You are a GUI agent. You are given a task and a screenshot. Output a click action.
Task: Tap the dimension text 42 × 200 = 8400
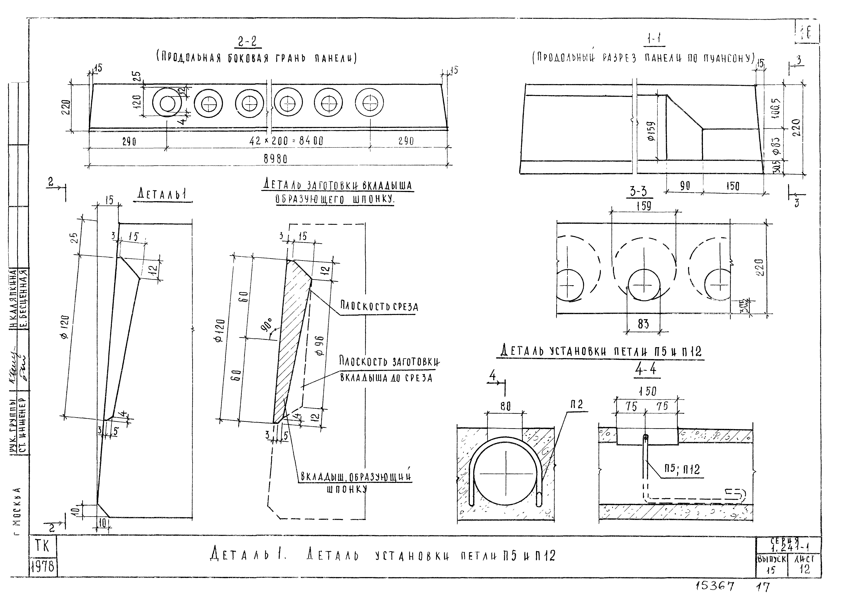point(286,141)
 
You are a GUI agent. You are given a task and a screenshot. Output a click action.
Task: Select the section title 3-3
point(639,192)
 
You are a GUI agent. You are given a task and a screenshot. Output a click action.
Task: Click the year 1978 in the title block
point(43,567)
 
